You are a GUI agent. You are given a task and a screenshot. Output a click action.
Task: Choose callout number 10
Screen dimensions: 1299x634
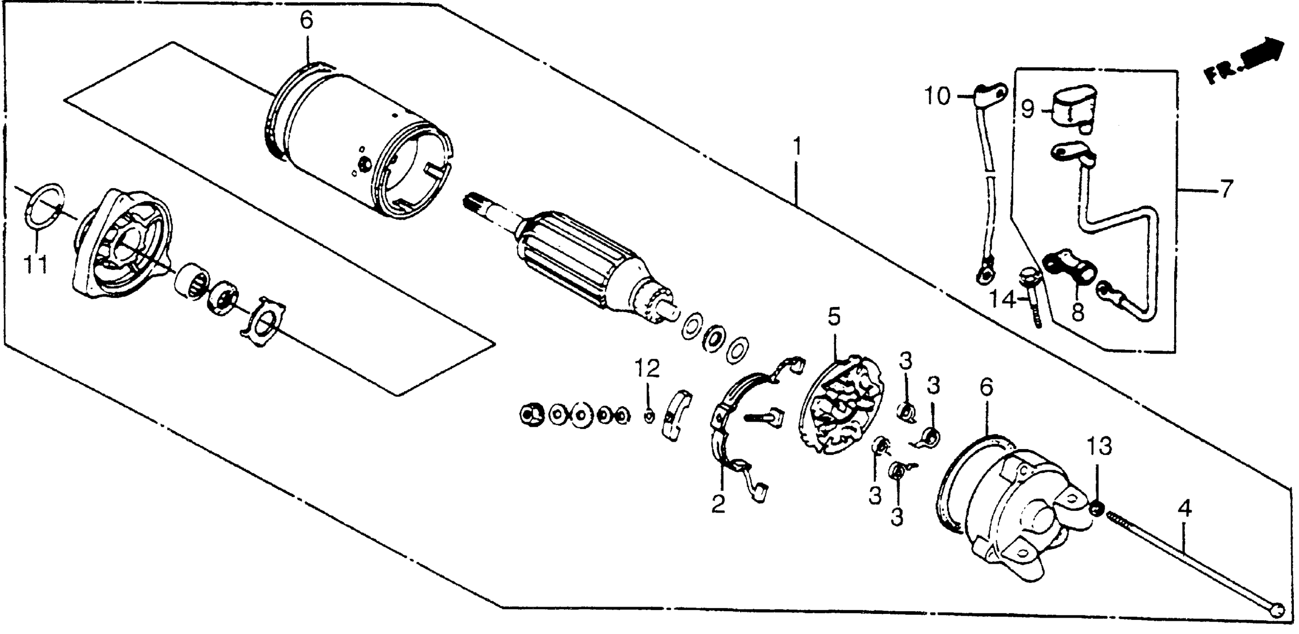pyautogui.click(x=937, y=96)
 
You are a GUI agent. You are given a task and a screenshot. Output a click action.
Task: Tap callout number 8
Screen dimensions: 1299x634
pyautogui.click(x=1077, y=313)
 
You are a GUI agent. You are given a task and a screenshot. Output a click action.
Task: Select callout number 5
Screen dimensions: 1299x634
pyautogui.click(x=834, y=318)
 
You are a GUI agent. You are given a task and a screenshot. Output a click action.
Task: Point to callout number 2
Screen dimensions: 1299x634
pyautogui.click(x=718, y=504)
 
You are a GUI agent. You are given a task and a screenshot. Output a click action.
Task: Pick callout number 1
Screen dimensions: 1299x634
pyautogui.click(x=796, y=148)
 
